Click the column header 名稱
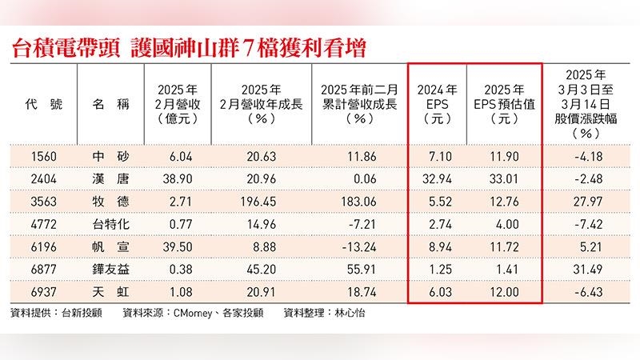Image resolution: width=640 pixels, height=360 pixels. pos(106,104)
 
